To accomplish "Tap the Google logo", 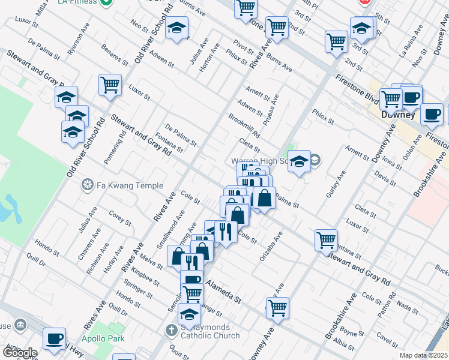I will point(20,352).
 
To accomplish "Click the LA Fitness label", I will point(78,2).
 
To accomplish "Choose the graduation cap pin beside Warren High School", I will point(299,161).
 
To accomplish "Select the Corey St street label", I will point(120,217).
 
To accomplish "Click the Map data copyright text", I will point(423,355).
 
